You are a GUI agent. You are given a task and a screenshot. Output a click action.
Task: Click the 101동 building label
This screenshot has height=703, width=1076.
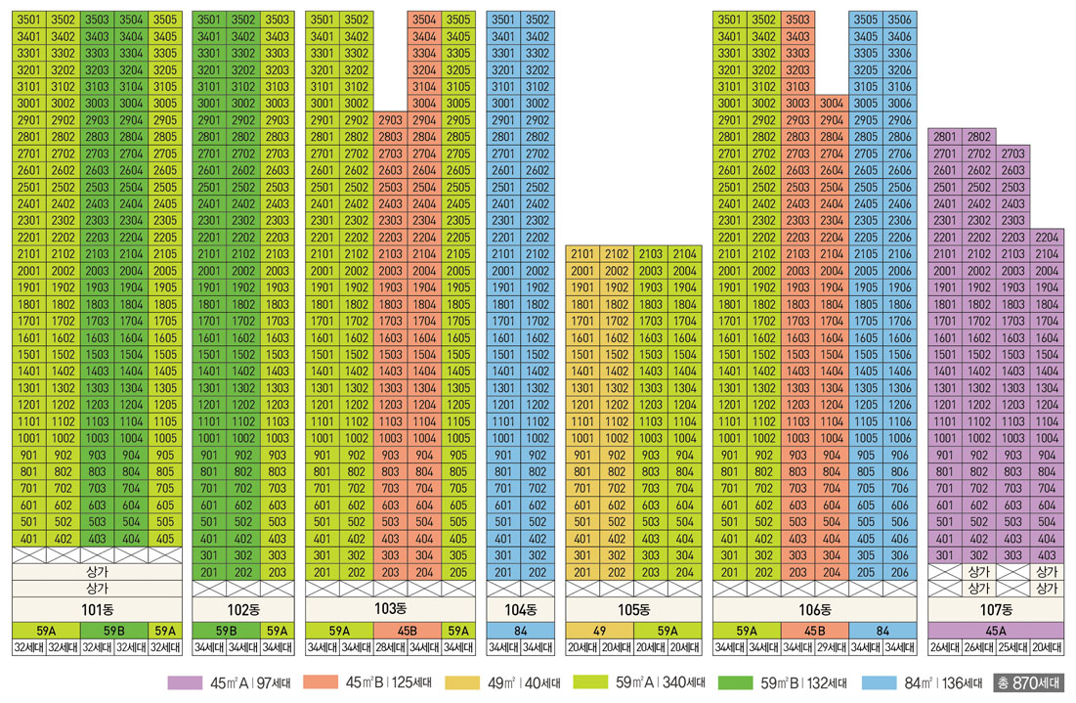(97, 609)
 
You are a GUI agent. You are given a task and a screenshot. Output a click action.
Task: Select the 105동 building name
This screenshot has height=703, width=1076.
(633, 609)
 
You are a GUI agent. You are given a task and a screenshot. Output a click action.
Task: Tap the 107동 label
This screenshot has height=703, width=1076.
(994, 609)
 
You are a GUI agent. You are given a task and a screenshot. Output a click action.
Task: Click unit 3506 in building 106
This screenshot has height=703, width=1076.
(899, 20)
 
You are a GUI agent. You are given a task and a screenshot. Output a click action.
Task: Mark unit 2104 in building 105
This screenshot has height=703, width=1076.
(684, 254)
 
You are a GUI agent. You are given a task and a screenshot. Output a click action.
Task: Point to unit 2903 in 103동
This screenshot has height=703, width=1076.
(389, 119)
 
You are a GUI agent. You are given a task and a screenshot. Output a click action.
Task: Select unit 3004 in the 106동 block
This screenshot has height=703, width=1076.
(831, 103)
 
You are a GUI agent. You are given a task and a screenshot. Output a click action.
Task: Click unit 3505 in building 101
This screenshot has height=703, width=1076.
(164, 20)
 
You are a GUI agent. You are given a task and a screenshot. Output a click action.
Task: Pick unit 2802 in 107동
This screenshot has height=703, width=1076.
(979, 137)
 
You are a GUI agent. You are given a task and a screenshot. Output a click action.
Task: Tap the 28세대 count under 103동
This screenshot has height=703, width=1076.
(389, 647)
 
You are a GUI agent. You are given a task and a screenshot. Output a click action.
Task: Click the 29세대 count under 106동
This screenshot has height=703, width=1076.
(831, 647)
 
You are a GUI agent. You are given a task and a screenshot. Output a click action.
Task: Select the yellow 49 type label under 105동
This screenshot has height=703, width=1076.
(599, 631)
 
